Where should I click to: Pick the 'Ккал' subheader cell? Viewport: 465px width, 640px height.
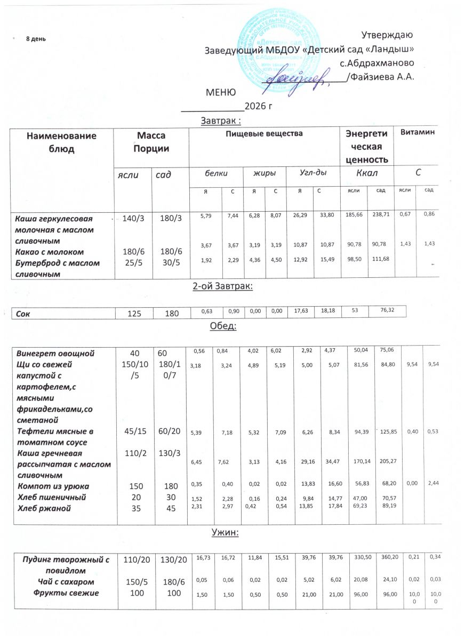(366, 173)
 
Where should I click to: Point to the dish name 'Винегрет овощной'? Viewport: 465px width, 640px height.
(55, 353)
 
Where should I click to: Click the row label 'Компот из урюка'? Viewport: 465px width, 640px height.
(53, 486)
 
